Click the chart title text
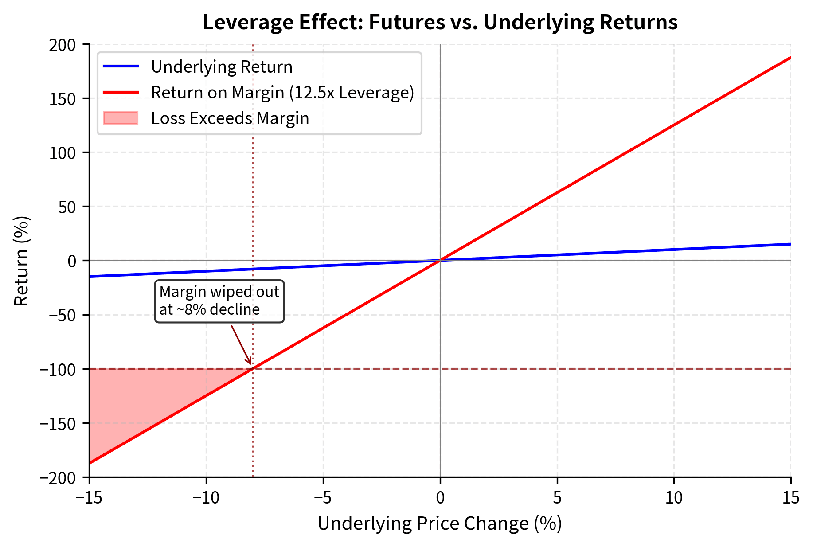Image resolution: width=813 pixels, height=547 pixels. pos(440,22)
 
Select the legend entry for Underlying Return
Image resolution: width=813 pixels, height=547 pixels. pos(221,67)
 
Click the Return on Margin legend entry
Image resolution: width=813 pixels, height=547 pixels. pos(282,93)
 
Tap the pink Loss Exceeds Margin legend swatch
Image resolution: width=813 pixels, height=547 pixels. pos(121,118)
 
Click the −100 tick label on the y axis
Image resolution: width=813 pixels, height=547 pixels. pos(58,369)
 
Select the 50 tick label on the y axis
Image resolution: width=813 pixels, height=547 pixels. pos(67,207)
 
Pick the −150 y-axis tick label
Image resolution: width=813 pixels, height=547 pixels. pos(58,423)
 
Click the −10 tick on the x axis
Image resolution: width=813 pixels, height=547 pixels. pos(206,498)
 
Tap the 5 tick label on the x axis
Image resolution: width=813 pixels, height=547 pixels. pos(557,498)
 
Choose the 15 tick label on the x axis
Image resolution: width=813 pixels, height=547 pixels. pos(790,498)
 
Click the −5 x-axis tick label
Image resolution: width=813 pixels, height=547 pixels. pos(323,498)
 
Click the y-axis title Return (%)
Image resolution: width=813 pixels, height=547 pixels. pos(21,261)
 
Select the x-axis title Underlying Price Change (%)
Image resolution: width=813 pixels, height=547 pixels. pos(439,524)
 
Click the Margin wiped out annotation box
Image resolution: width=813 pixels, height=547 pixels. pos(219,301)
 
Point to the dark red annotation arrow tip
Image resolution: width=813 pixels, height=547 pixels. pos(251,365)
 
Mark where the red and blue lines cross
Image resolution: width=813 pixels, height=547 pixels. pos(440,260)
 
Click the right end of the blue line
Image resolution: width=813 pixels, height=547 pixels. pos(790,244)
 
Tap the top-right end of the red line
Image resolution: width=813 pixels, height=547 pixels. pos(790,58)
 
